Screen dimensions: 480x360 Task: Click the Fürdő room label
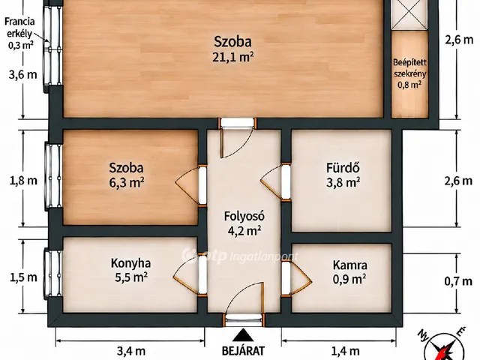tap(343, 168)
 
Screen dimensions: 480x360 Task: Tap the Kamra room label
tap(349, 265)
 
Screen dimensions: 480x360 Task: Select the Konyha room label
tap(130, 263)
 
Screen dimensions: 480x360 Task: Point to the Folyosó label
tap(244, 216)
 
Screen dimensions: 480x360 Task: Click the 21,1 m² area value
tap(233, 57)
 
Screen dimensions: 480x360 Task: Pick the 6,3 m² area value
tap(127, 183)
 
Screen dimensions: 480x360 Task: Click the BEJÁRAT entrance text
tap(243, 351)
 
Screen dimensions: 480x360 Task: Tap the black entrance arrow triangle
tap(243, 335)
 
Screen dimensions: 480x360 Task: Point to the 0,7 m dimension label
tap(458, 280)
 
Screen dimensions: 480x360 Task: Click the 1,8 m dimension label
tap(23, 181)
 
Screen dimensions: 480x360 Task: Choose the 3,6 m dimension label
tap(23, 74)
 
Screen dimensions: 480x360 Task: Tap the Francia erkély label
tap(19, 27)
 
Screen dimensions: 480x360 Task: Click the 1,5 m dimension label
tap(23, 277)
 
